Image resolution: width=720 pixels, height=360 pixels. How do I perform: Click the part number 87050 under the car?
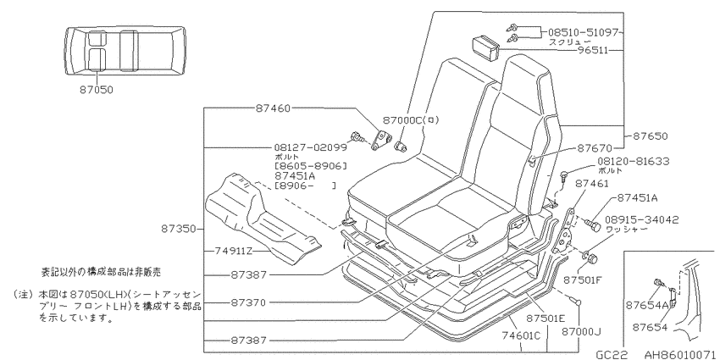click(x=96, y=90)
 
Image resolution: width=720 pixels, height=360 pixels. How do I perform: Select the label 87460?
click(x=274, y=108)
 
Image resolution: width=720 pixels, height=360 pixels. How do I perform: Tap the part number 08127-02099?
click(x=310, y=147)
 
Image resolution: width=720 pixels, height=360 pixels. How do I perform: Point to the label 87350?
click(x=179, y=228)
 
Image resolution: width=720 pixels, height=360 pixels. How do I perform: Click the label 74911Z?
click(x=233, y=252)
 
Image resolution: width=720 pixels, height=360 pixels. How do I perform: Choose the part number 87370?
click(x=248, y=302)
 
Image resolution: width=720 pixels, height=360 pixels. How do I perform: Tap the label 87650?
click(x=651, y=136)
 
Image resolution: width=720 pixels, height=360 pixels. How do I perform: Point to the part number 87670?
click(x=595, y=148)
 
